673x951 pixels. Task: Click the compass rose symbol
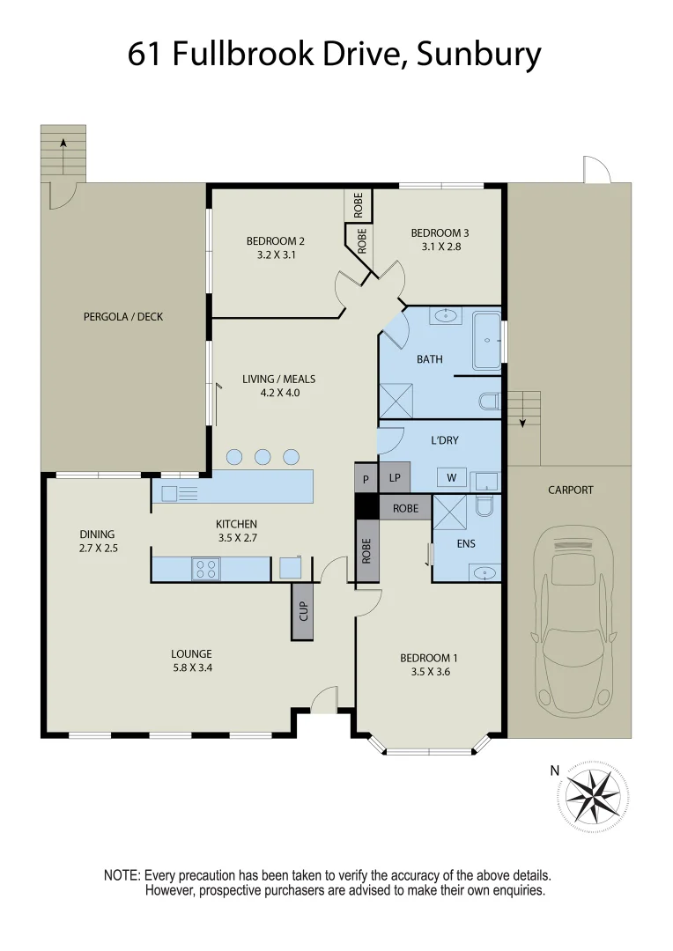[596, 795]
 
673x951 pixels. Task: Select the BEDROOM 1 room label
[428, 658]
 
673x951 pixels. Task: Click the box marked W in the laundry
[452, 478]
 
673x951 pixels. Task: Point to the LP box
[394, 478]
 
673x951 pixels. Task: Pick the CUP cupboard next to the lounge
[303, 611]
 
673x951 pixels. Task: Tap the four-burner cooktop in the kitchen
[206, 570]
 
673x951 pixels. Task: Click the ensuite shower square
[449, 512]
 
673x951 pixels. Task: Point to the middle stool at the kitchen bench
[263, 456]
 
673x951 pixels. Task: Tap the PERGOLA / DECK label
[123, 317]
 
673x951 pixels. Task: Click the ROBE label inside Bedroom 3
[362, 240]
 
